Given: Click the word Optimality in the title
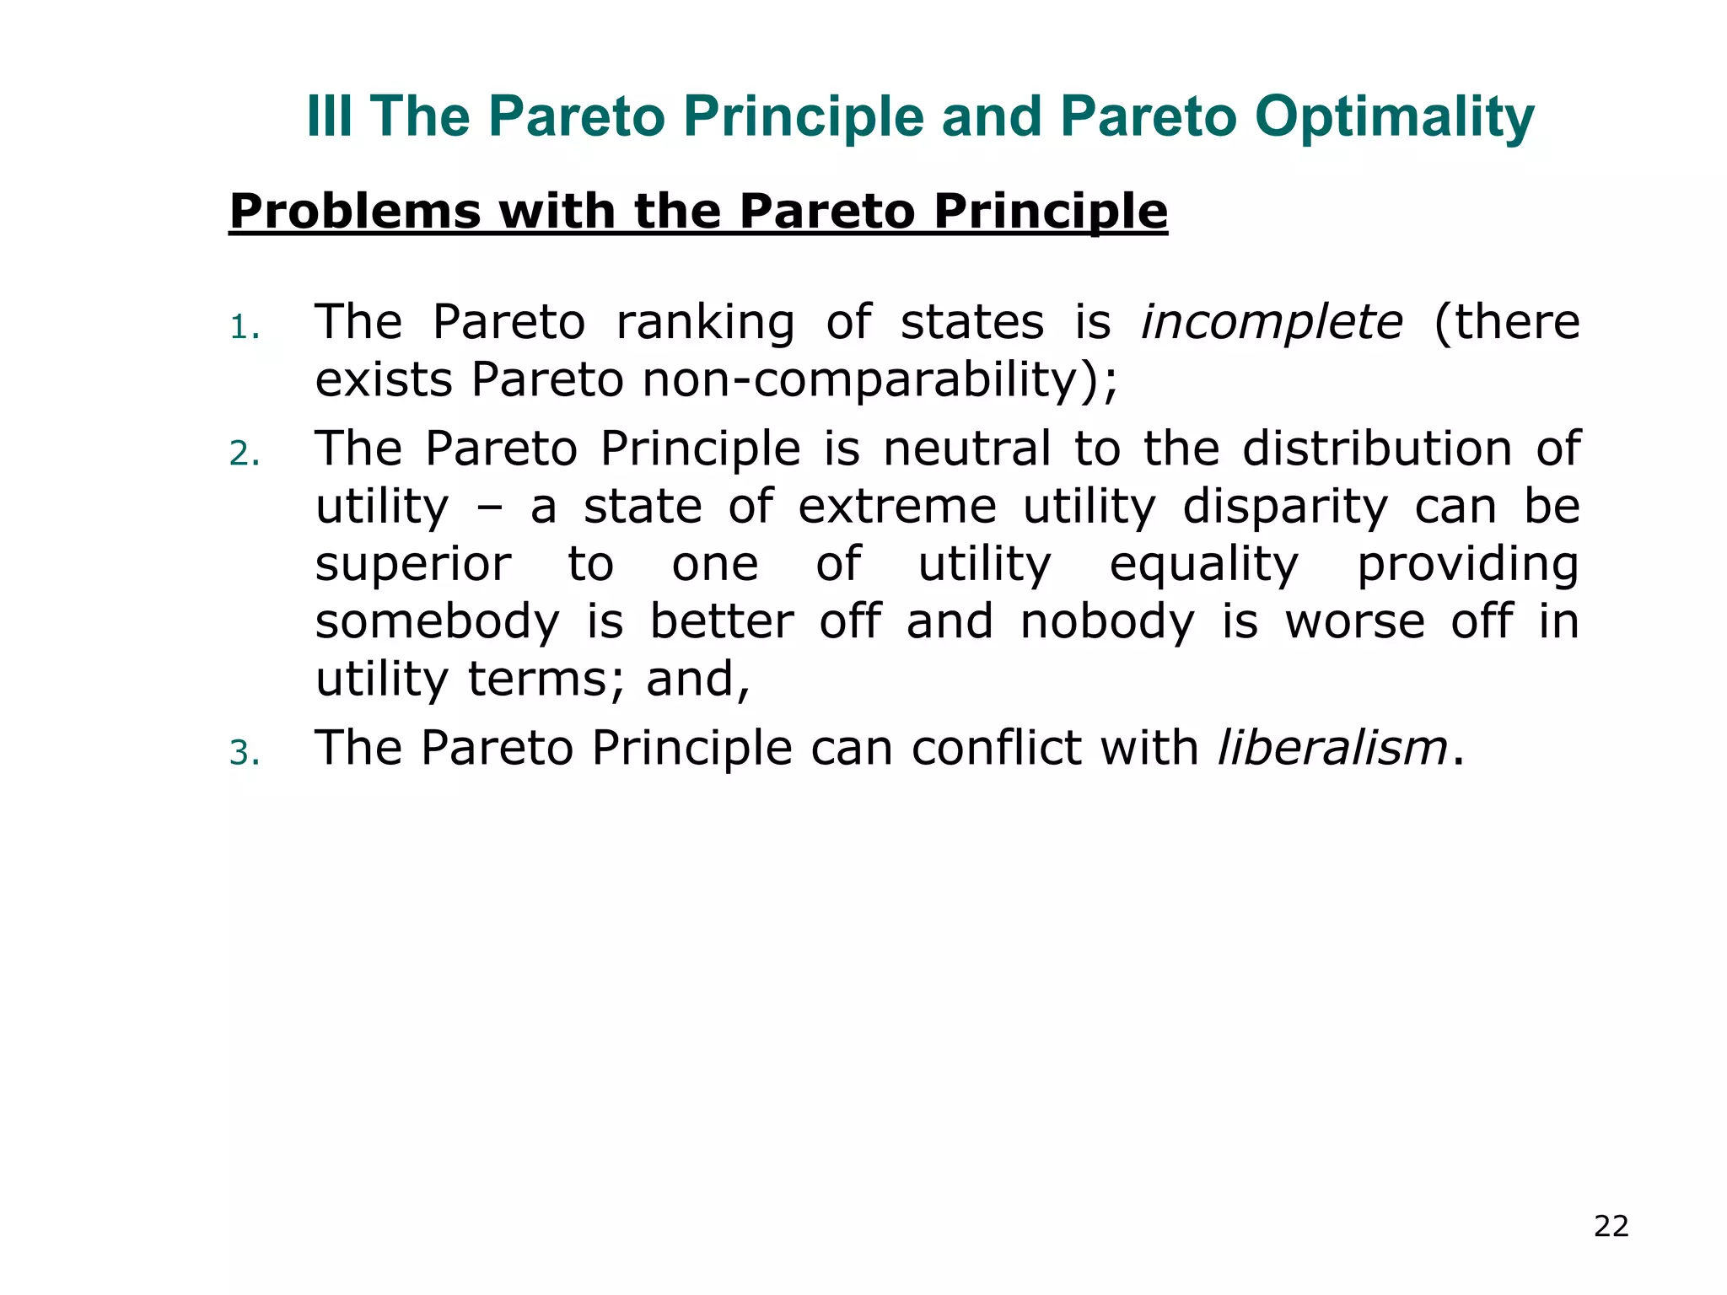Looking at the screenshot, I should [x=1394, y=118].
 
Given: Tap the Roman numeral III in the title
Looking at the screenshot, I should [x=329, y=116].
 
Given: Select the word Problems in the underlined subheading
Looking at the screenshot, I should [x=355, y=211].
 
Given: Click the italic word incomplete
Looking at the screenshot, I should [x=1272, y=322].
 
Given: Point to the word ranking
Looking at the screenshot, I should [x=705, y=324].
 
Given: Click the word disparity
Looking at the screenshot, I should [x=1284, y=508].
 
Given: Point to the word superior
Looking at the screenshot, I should [x=413, y=564].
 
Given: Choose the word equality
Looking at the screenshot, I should [x=1204, y=566].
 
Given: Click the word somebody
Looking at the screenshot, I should [x=437, y=622].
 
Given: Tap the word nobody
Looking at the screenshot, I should [x=1108, y=622].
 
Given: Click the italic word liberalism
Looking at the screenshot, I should [x=1332, y=748].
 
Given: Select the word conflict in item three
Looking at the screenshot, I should [x=996, y=748].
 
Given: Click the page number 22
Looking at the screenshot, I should [x=1611, y=1226].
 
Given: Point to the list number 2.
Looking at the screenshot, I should [x=244, y=455].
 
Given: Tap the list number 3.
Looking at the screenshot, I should [x=244, y=754].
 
